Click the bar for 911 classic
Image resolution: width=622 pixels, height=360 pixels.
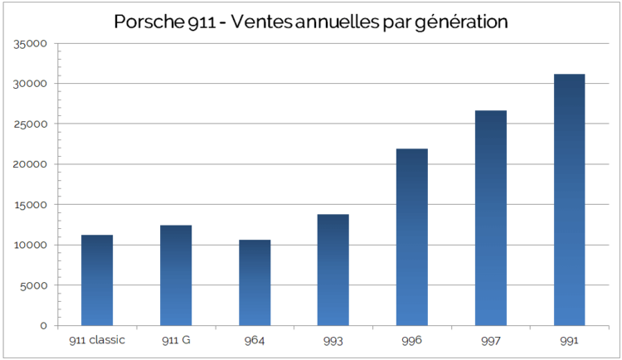tap(97, 280)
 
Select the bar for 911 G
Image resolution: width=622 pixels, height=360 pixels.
tap(176, 275)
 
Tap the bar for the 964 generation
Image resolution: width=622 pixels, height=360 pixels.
tap(255, 283)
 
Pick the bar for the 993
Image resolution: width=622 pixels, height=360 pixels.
tap(333, 270)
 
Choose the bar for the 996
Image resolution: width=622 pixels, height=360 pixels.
tap(412, 237)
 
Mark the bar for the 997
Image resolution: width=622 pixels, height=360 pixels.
tap(491, 218)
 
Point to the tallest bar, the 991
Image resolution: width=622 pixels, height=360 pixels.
tap(569, 200)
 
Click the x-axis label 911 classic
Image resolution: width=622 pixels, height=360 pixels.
tap(97, 340)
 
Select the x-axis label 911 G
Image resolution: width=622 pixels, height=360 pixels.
tap(176, 340)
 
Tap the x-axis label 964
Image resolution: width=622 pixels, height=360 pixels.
tap(255, 340)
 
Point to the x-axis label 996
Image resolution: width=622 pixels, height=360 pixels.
tap(412, 340)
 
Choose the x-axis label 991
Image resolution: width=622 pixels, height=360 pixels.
tap(569, 340)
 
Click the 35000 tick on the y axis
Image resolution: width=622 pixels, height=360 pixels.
tap(31, 44)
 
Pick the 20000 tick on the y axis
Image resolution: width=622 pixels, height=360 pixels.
tap(31, 164)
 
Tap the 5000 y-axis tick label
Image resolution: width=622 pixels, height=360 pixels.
tap(34, 285)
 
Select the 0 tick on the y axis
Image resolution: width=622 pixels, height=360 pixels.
tap(44, 326)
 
